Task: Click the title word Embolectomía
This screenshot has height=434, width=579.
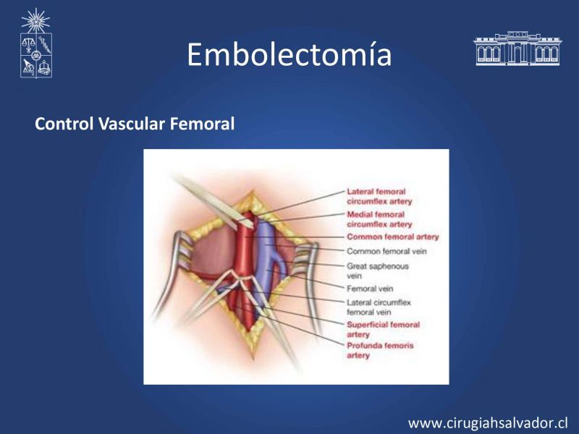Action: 289,55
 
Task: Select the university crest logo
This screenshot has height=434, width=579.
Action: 35,43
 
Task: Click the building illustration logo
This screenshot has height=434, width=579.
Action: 517,48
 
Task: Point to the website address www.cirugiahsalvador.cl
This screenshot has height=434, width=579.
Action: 488,423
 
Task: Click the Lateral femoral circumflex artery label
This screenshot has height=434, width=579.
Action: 379,196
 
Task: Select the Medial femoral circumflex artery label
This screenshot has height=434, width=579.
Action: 379,219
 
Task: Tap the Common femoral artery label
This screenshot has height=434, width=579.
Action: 392,237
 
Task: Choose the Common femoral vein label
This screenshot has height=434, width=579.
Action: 386,251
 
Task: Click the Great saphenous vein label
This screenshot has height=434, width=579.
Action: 377,271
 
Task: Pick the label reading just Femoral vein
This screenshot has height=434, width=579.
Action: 370,289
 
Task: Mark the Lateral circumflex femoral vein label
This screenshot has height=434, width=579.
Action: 379,307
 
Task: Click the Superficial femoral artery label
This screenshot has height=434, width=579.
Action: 383,330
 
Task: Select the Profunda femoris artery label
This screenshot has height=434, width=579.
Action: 380,351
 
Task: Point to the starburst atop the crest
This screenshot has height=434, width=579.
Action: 35,21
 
